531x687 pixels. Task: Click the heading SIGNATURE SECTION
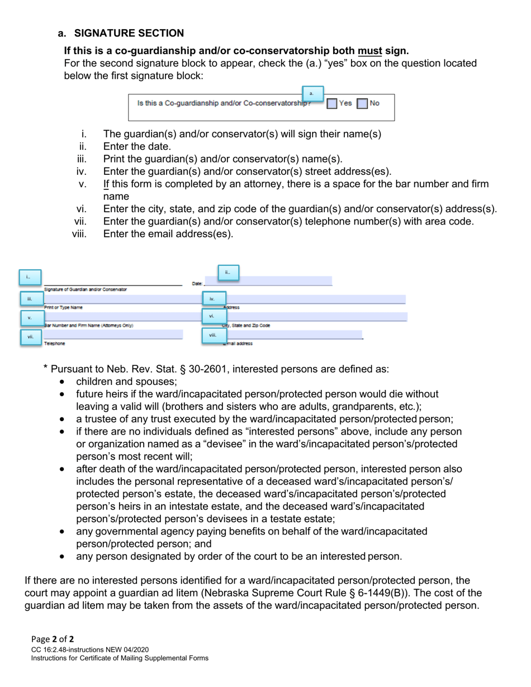pyautogui.click(x=129, y=34)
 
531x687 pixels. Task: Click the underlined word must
pyautogui.click(x=370, y=51)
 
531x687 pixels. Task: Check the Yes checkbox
pyautogui.click(x=332, y=103)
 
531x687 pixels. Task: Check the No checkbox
pyautogui.click(x=362, y=103)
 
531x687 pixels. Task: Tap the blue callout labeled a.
pyautogui.click(x=312, y=93)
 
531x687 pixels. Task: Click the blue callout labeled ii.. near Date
pyautogui.click(x=227, y=273)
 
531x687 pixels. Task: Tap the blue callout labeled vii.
pyautogui.click(x=31, y=337)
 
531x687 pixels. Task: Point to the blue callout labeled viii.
pyautogui.click(x=212, y=335)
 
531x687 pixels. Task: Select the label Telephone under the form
pyautogui.click(x=55, y=344)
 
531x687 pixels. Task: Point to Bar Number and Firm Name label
pyautogui.click(x=89, y=325)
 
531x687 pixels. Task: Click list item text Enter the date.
pyautogui.click(x=137, y=146)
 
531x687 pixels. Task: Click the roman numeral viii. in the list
pyautogui.click(x=79, y=234)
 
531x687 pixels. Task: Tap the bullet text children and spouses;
pyautogui.click(x=126, y=381)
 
